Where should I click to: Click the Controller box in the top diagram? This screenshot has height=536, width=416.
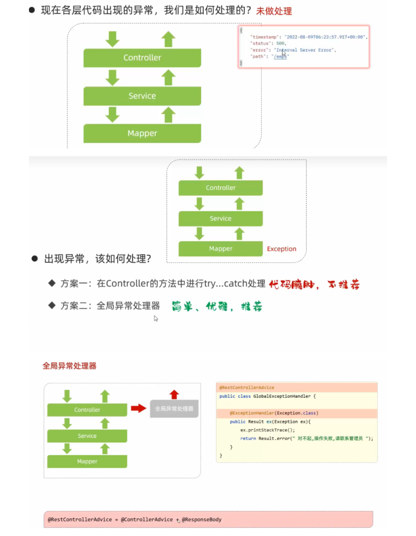pos(142,58)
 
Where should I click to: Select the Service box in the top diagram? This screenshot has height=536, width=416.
pos(142,96)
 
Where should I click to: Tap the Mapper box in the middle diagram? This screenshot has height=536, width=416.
pos(220,249)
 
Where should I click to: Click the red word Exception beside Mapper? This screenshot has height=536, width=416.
pos(281,249)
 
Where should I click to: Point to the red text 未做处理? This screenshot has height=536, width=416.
pos(274,11)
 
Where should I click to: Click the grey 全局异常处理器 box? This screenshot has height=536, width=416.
pos(174,409)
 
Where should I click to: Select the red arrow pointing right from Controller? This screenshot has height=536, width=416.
pos(138,408)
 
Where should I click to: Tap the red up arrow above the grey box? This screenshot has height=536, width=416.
pos(174,394)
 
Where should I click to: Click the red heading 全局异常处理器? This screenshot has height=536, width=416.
pos(69,366)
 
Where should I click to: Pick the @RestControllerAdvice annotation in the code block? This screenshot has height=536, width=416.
pos(247,388)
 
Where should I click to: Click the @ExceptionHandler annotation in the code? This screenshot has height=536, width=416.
pos(252,413)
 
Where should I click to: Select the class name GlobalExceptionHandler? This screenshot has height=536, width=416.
pos(282,396)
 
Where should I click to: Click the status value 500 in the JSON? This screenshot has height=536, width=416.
pos(280,43)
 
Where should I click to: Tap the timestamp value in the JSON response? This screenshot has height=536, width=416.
pos(325,37)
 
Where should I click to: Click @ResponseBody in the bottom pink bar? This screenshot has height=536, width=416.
pos(201,520)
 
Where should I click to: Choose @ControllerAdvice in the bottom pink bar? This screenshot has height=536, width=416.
pos(147,520)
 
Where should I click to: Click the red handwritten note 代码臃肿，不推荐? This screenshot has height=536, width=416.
pos(314,285)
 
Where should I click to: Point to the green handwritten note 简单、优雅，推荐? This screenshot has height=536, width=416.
pos(217,306)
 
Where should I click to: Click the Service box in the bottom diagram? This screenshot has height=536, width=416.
pos(87,436)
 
